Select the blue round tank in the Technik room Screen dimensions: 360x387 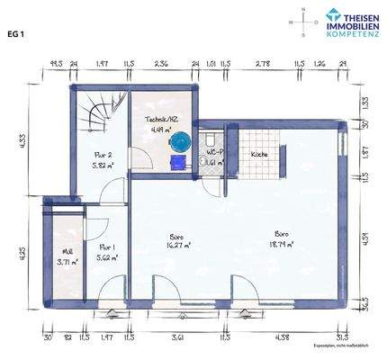181,142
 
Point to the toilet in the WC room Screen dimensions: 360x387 208,140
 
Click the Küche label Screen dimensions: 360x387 259,155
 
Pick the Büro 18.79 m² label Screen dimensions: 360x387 282,238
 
